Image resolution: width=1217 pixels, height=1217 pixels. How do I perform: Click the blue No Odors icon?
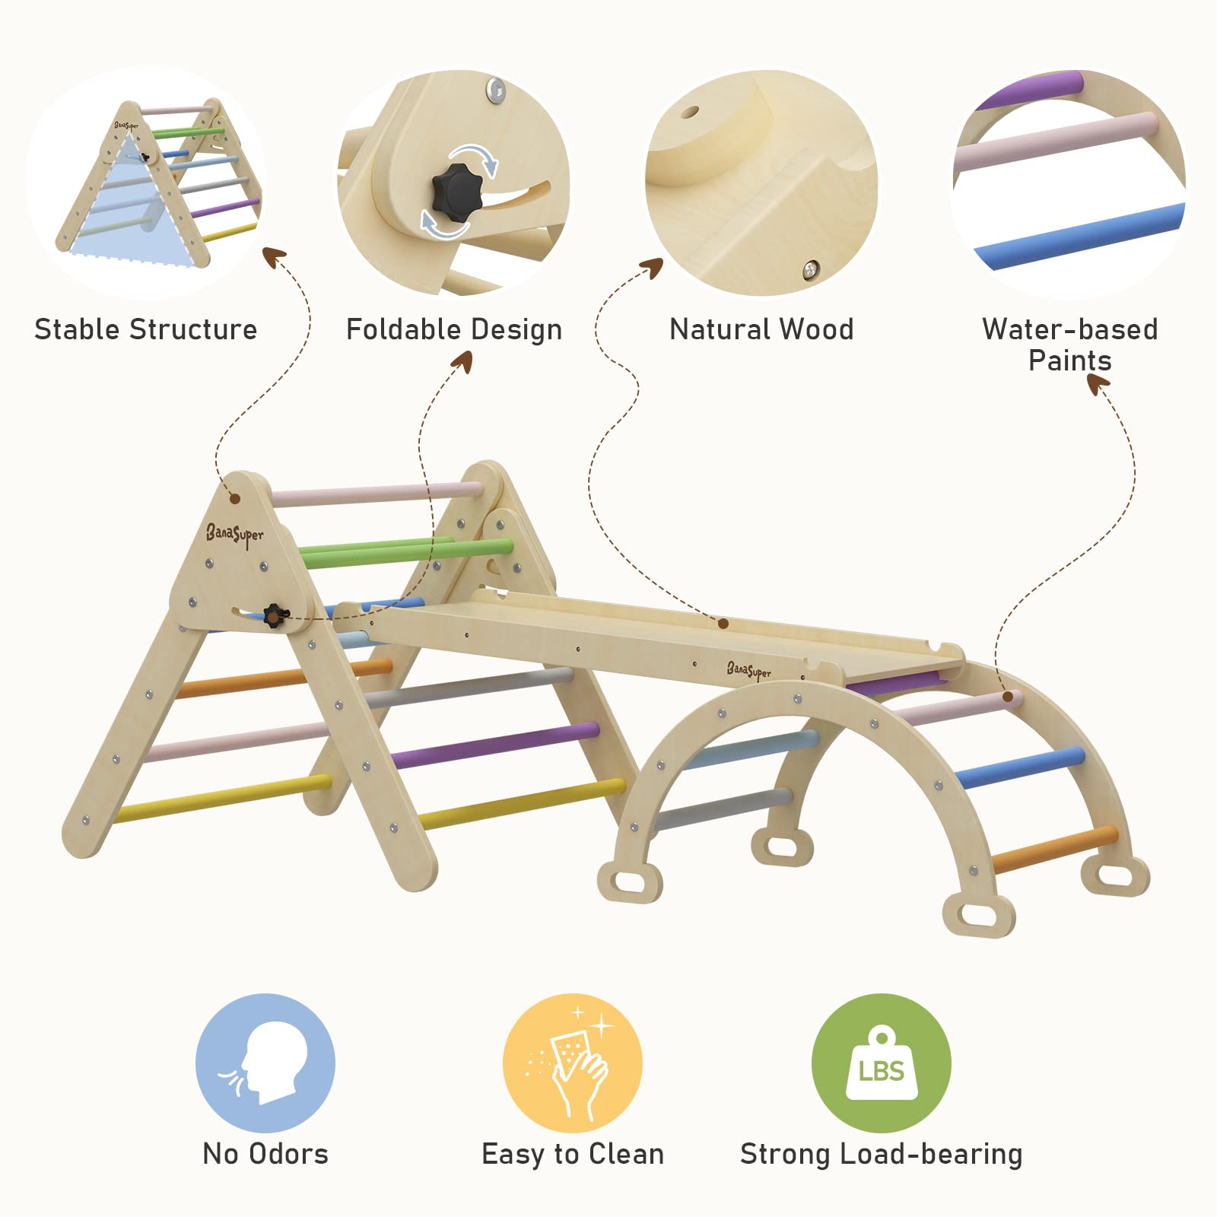coord(265,1062)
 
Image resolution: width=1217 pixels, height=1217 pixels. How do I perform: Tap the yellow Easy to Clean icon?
coord(572,1062)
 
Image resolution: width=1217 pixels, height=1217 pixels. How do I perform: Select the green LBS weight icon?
coord(881,1062)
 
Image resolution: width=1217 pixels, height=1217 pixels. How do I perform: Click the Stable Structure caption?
coord(146,329)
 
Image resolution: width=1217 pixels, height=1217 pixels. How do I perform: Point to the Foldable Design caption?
coord(454,329)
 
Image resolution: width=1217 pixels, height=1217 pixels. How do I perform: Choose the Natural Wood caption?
coord(761,329)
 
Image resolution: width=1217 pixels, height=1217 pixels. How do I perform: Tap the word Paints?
coord(1069,361)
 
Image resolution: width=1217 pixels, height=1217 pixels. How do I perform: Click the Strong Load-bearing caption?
coord(881,1154)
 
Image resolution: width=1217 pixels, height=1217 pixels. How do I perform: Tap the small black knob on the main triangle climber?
coord(273,615)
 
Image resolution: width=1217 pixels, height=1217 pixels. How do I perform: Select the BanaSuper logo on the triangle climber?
coord(234,535)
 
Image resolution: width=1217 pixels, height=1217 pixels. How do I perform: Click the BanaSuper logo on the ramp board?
coord(748,670)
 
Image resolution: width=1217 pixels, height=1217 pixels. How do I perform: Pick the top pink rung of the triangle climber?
coord(377,493)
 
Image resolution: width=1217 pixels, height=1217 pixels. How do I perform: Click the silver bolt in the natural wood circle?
coord(811,268)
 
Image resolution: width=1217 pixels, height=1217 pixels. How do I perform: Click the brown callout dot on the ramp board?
coord(723,624)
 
